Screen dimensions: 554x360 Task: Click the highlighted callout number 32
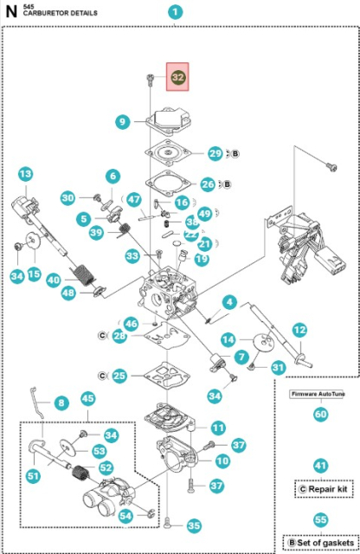point(178,77)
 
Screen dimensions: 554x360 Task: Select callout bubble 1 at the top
point(177,12)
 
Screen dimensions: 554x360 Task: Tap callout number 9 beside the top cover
point(124,122)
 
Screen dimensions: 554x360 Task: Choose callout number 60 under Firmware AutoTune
point(321,414)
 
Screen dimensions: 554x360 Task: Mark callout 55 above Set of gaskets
point(321,521)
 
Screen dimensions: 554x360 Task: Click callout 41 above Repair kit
point(321,466)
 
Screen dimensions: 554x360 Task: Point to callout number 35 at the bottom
point(193,525)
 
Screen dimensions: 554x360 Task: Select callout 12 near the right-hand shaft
point(299,330)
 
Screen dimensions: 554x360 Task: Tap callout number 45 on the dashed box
point(87,398)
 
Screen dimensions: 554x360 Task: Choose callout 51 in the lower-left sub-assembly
point(34,474)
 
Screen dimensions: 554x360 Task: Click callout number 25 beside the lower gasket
point(119,376)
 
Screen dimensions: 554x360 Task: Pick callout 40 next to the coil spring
point(53,280)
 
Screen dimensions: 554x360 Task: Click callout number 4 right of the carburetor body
point(229,302)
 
